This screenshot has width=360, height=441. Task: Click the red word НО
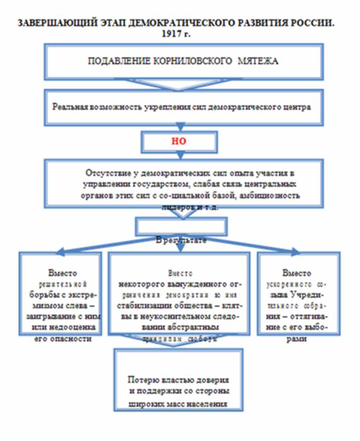(x=179, y=142)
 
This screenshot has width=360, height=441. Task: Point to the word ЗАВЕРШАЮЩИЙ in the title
(x=46, y=23)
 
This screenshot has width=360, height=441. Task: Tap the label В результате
(x=181, y=240)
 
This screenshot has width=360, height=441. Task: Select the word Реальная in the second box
(x=70, y=107)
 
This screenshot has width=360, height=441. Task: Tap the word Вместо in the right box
(x=296, y=273)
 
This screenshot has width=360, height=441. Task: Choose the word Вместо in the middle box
(x=180, y=274)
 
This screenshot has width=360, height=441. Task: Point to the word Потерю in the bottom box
(x=141, y=380)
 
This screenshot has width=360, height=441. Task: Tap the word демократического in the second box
(x=245, y=107)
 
